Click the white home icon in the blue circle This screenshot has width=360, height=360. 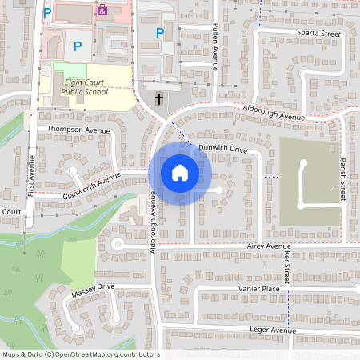(x=180, y=173)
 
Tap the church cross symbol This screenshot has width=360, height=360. (x=158, y=99)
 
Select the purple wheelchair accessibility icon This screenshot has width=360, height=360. (x=102, y=10)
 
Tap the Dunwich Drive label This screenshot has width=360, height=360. (x=223, y=148)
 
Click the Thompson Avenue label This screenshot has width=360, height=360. (x=78, y=129)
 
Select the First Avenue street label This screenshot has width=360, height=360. (x=32, y=181)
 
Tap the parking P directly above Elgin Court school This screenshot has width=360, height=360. (x=77, y=47)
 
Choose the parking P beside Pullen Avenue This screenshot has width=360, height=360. (x=160, y=33)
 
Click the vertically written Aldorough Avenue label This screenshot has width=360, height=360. (x=152, y=226)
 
